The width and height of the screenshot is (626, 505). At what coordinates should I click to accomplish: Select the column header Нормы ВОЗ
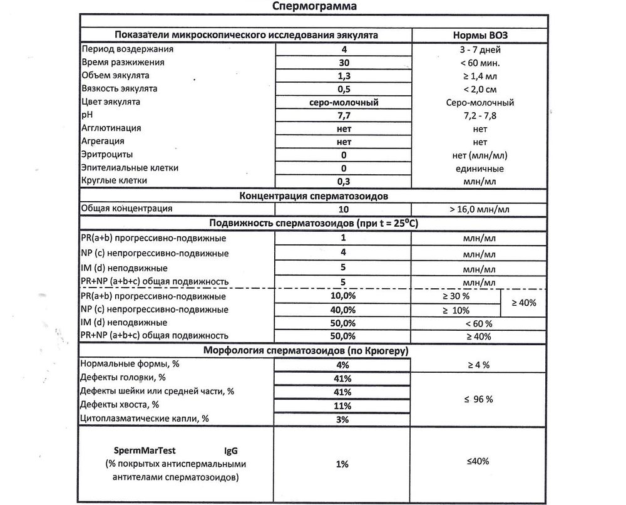pos(479,35)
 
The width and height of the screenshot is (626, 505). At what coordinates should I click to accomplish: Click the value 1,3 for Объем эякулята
pos(343,75)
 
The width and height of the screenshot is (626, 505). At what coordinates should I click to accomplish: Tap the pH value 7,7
pos(343,115)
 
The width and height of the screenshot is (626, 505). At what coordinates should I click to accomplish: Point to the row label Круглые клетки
pos(114,181)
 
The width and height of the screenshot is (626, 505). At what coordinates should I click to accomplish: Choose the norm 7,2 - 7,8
pos(479,115)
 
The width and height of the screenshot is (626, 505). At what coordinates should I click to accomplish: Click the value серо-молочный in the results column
pos(343,102)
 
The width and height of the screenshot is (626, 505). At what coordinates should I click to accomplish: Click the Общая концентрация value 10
pos(343,209)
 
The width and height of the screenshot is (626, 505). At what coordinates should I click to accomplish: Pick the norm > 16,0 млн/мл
pos(479,209)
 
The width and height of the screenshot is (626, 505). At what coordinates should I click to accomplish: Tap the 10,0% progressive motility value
pos(343,296)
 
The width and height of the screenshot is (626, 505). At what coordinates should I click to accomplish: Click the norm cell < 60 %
pos(479,323)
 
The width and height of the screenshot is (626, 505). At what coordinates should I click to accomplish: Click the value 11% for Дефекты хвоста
pos(343,405)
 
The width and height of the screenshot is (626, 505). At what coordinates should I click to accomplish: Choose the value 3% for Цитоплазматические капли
pos(343,419)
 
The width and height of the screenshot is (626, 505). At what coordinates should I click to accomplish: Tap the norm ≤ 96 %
pos(479,398)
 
